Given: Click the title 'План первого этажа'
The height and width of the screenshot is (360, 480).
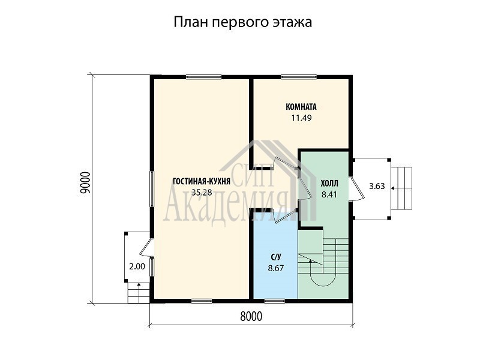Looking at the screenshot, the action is pyautogui.click(x=243, y=23).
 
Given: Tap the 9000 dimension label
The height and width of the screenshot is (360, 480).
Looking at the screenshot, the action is pyautogui.click(x=85, y=183).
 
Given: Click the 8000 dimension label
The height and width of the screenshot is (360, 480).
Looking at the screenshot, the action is pyautogui.click(x=251, y=317).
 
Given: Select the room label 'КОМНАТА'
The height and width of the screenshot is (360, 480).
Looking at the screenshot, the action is pyautogui.click(x=301, y=107).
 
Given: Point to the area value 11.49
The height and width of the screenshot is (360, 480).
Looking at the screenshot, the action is pyautogui.click(x=301, y=118).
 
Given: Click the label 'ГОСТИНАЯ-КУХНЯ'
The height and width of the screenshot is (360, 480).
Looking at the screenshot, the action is pyautogui.click(x=202, y=182).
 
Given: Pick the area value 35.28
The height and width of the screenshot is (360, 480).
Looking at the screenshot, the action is pyautogui.click(x=202, y=192).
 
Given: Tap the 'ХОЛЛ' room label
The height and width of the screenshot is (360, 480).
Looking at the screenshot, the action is pyautogui.click(x=329, y=184).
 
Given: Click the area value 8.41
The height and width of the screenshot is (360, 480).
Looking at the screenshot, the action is pyautogui.click(x=329, y=194).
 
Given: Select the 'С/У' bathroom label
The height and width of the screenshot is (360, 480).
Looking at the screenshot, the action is pyautogui.click(x=276, y=257).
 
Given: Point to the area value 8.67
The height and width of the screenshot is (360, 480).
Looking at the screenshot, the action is pyautogui.click(x=276, y=268).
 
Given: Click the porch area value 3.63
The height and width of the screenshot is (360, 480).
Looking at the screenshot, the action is pyautogui.click(x=377, y=186).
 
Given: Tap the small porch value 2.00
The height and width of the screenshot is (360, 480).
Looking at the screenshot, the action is pyautogui.click(x=137, y=266).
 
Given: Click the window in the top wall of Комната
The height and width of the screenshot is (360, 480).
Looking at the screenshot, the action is pyautogui.click(x=299, y=77).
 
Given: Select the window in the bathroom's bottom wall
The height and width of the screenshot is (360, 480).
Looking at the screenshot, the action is pyautogui.click(x=275, y=301).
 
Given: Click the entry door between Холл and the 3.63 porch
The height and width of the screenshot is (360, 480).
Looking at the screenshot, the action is pyautogui.click(x=356, y=188).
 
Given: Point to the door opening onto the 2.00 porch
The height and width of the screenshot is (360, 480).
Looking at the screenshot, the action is pyautogui.click(x=146, y=247).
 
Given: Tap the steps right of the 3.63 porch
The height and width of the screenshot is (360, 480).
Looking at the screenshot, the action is pyautogui.click(x=402, y=188).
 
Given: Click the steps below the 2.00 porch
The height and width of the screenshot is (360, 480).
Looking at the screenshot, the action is pyautogui.click(x=139, y=292).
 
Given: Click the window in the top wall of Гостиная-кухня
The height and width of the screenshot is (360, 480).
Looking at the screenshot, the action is pyautogui.click(x=203, y=77).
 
